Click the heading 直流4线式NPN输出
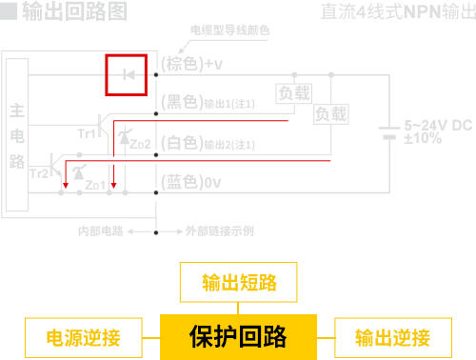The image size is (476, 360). (x=394, y=12)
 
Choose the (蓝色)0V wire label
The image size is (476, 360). (x=190, y=181)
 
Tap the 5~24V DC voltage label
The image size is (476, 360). (x=437, y=124)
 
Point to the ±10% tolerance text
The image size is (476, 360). (x=423, y=138)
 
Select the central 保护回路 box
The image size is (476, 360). (x=238, y=336)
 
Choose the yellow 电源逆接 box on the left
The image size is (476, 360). (x=85, y=337)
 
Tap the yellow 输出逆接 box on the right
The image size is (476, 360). (x=392, y=337)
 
